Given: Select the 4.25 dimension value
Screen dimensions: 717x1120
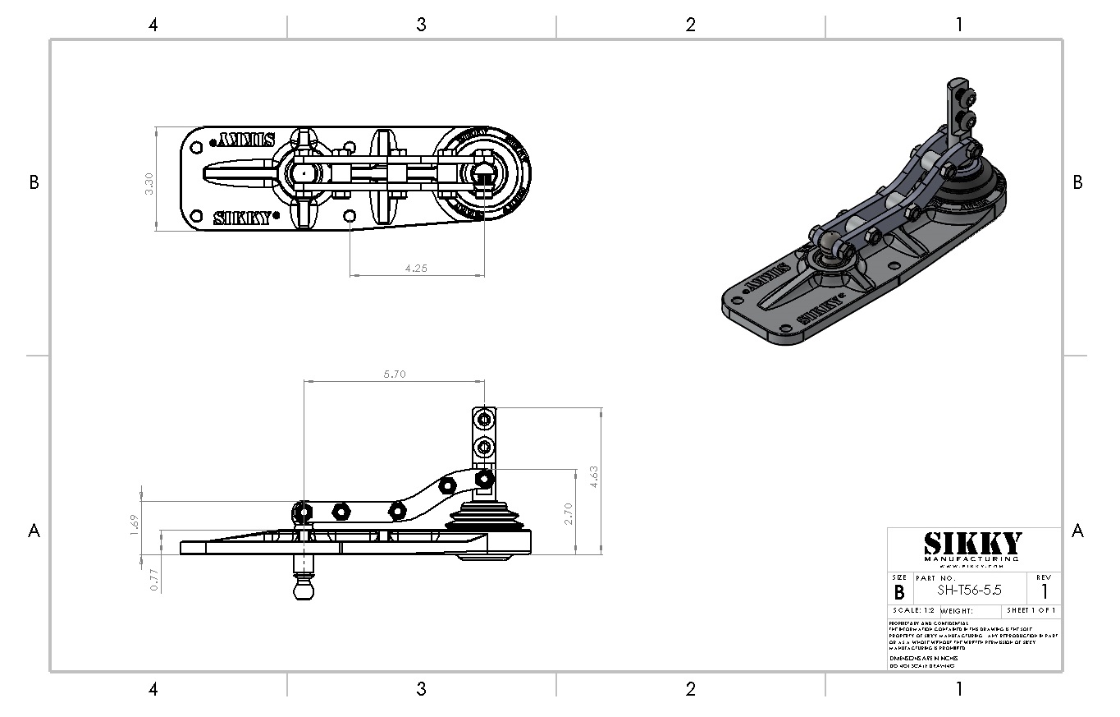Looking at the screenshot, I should [x=417, y=268].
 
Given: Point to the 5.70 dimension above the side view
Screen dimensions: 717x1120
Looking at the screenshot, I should [x=395, y=375].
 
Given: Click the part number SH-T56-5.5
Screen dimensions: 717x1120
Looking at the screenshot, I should [x=969, y=591].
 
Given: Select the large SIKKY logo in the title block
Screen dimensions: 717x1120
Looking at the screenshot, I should [x=973, y=544].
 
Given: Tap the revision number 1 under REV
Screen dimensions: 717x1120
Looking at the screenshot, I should [x=1044, y=591].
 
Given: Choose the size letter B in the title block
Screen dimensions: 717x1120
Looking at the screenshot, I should [x=898, y=592].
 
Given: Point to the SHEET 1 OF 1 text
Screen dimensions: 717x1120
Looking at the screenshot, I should [x=1031, y=611].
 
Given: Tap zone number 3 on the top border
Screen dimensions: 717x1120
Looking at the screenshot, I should [x=421, y=25].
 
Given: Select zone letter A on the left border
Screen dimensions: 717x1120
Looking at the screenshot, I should [x=34, y=531].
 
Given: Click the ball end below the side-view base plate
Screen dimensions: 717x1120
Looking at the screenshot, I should [x=304, y=590].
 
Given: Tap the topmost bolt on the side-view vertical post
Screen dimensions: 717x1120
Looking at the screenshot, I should [x=484, y=421].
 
